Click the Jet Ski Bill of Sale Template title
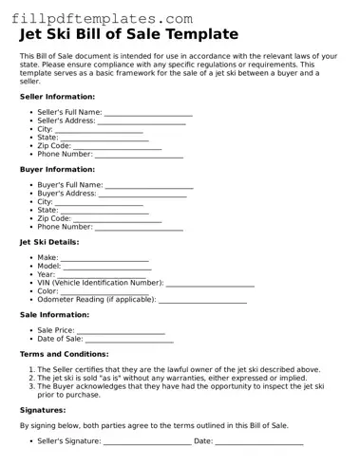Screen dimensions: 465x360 128,35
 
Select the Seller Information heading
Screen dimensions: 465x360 57,97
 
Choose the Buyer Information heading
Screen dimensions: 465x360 57,169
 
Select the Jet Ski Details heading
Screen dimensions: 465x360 49,242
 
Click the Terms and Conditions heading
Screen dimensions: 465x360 64,354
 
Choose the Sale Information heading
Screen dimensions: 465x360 54,314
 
